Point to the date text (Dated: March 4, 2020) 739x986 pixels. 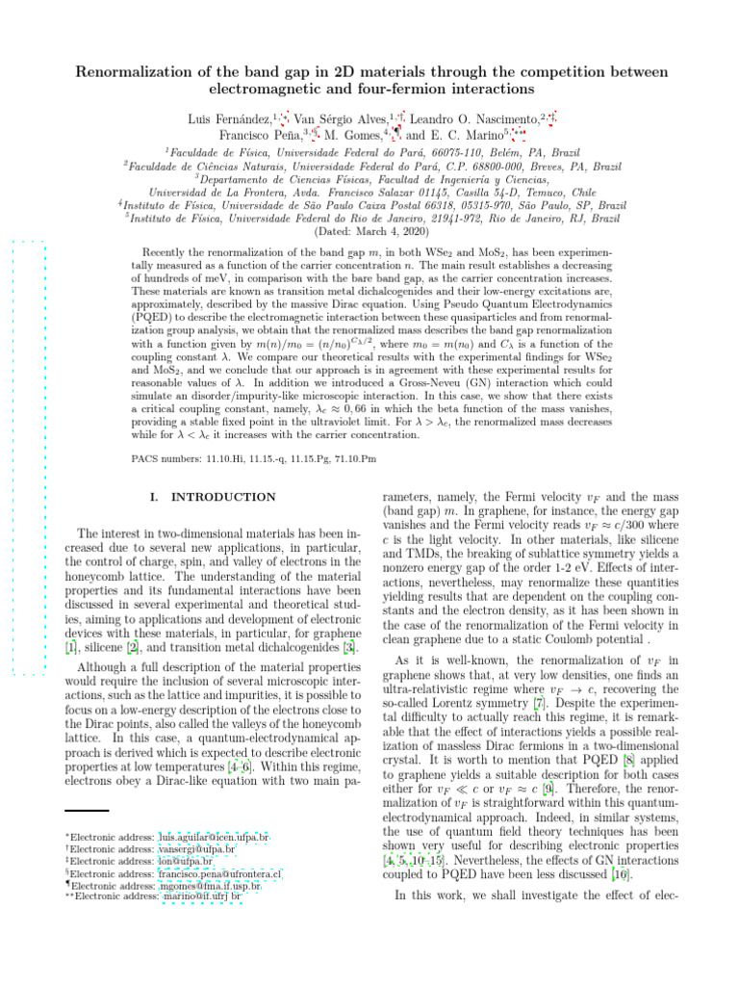pyautogui.click(x=369, y=232)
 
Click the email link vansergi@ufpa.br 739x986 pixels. pyautogui.click(x=196, y=850)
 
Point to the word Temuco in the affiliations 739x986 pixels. pyautogui.click(x=524, y=192)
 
